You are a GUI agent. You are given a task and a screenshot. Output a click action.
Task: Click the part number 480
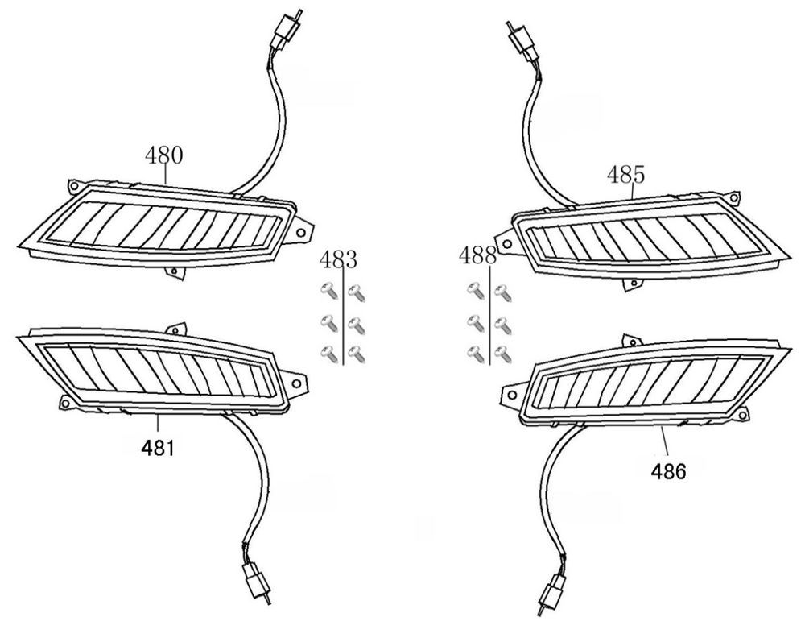tap(163, 155)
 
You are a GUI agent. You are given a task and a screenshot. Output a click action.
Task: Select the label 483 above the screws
tap(338, 260)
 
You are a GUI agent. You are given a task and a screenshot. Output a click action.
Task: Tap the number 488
tap(477, 256)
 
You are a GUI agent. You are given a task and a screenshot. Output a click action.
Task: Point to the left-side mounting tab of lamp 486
tap(509, 395)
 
